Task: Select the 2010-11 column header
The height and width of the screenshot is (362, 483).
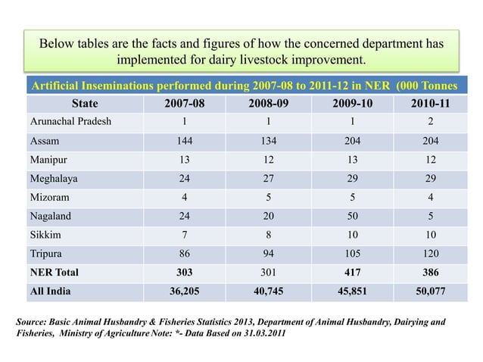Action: [425, 104]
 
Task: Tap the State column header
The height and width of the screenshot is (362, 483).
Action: [84, 104]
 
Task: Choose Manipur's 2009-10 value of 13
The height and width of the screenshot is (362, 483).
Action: [344, 160]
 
